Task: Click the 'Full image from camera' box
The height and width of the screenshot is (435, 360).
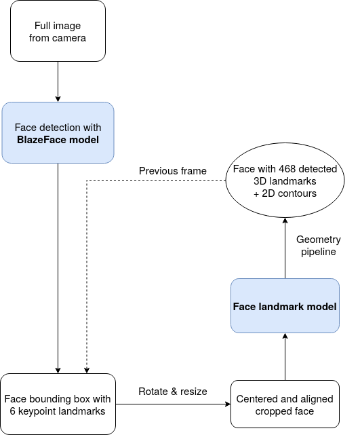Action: [58, 31]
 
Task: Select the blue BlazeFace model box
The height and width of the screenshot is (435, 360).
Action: [58, 132]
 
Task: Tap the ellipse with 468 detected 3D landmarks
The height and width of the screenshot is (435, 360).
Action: [285, 181]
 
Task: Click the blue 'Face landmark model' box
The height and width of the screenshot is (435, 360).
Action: [285, 305]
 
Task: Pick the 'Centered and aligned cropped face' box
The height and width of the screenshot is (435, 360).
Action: [285, 404]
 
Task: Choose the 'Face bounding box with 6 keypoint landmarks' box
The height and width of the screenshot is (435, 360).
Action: [58, 404]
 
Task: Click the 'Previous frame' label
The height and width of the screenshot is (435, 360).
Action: [173, 171]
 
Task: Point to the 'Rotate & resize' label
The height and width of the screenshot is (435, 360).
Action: [173, 392]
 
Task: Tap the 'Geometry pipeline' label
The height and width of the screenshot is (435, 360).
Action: [319, 246]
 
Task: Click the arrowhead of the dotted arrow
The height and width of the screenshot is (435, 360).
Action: [87, 371]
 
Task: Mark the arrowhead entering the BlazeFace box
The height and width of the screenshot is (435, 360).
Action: [58, 99]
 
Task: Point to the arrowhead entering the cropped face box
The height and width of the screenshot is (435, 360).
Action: [228, 404]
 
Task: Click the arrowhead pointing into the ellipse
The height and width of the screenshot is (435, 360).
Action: [285, 221]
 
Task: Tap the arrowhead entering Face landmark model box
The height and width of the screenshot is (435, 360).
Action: [285, 336]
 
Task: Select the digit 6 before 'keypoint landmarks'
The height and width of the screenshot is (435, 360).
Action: [12, 411]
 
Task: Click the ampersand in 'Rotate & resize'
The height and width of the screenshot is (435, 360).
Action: [174, 392]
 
